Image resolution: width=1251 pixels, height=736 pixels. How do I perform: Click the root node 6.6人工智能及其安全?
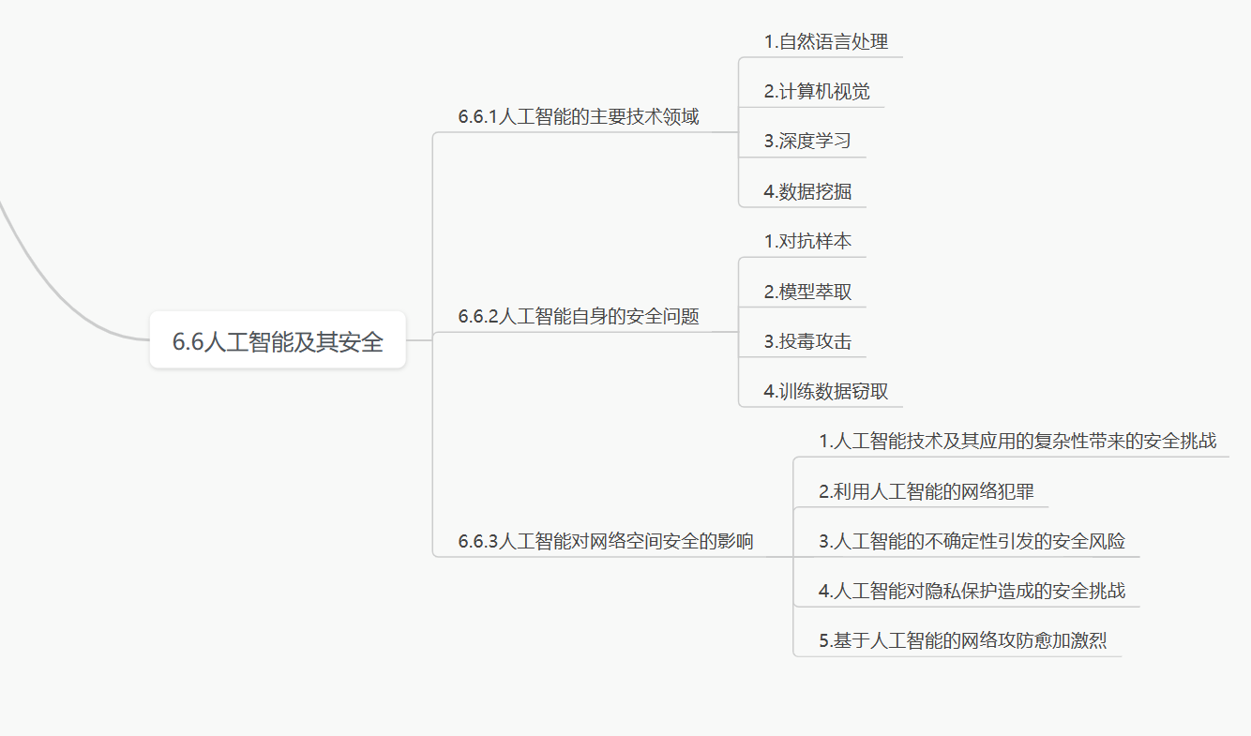[x=278, y=341]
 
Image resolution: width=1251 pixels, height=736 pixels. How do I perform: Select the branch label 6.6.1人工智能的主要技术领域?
[x=579, y=117]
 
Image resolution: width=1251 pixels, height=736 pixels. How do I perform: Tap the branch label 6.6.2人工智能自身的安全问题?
[x=579, y=317]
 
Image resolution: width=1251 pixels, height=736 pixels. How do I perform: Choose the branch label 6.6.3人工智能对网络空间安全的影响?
[x=606, y=541]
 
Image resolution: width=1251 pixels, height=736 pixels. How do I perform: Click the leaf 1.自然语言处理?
[x=825, y=41]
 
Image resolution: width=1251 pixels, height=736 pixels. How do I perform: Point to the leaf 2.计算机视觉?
[x=816, y=91]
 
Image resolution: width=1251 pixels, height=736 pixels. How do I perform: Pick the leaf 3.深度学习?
[x=806, y=141]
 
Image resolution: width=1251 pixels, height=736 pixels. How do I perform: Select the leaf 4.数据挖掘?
[x=806, y=191]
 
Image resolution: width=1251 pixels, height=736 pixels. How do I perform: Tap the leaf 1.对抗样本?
[x=806, y=241]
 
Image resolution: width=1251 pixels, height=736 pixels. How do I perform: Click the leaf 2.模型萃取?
[x=806, y=292]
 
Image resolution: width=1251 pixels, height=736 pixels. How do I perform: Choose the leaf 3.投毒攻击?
[x=806, y=341]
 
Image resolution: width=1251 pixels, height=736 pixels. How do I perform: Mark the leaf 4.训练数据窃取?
[x=825, y=391]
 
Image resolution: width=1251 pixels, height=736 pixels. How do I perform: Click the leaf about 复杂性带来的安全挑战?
[x=1017, y=441]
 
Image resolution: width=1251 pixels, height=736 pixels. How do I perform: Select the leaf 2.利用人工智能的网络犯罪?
[x=926, y=491]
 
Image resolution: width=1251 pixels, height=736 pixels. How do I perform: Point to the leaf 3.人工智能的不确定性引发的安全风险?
[x=971, y=541]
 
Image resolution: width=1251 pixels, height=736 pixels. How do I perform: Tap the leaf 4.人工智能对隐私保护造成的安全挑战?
[x=971, y=591]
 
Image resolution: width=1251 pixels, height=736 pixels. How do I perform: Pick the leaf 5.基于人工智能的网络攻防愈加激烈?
[x=962, y=641]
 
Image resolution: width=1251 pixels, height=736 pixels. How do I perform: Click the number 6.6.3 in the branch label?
[x=478, y=542]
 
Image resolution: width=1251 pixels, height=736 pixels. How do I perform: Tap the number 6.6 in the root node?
[x=188, y=342]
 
